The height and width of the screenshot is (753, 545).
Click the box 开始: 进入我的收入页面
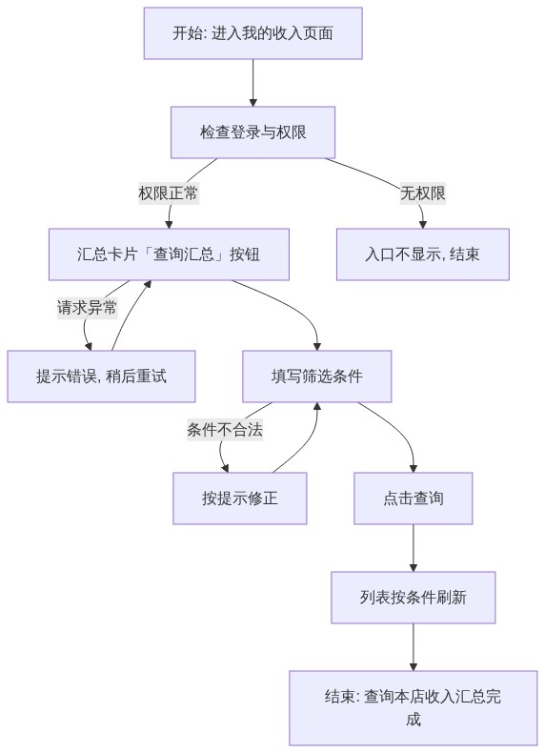pyautogui.click(x=253, y=33)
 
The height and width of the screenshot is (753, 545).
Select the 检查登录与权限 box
pyautogui.click(x=253, y=132)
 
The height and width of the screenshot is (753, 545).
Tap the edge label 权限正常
pyautogui.click(x=168, y=193)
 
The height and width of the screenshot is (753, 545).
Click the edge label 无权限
pyautogui.click(x=422, y=193)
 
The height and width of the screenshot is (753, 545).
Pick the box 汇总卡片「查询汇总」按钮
pyautogui.click(x=169, y=254)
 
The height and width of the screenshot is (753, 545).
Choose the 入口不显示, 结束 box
pyautogui.click(x=422, y=254)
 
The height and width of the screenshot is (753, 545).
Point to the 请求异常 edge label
pyautogui.click(x=87, y=307)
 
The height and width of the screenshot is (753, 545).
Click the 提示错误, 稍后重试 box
pyautogui.click(x=101, y=376)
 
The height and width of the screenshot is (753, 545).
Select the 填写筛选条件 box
pyautogui.click(x=317, y=376)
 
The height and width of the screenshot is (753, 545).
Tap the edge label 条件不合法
pyautogui.click(x=225, y=429)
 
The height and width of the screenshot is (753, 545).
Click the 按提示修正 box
pyautogui.click(x=239, y=498)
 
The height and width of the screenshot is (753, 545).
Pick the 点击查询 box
pyautogui.click(x=413, y=498)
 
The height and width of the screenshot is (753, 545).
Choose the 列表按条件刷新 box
pyautogui.click(x=413, y=598)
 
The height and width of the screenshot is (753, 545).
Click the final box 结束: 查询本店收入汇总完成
pyautogui.click(x=413, y=708)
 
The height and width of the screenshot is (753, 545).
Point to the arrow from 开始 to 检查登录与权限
pyautogui.click(x=253, y=83)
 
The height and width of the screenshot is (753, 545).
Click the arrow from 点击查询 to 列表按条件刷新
pyautogui.click(x=413, y=548)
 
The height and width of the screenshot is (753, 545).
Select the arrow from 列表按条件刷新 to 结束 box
pyautogui.click(x=413, y=647)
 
